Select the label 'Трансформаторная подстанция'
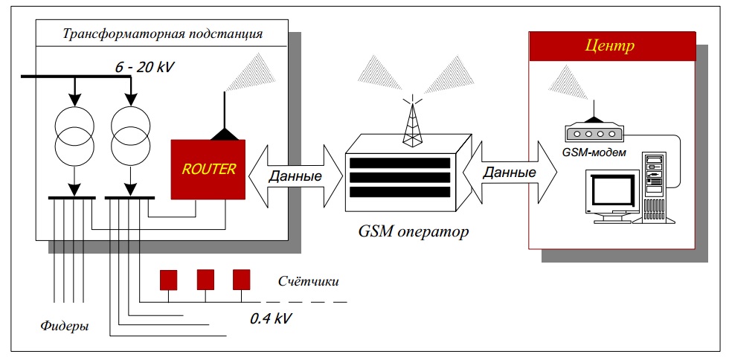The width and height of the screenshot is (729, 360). pyautogui.click(x=162, y=34)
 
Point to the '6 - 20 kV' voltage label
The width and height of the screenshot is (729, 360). pyautogui.click(x=144, y=68)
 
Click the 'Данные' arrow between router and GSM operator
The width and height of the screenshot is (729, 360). pyautogui.click(x=295, y=176)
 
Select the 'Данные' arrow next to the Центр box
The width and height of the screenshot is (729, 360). pyautogui.click(x=510, y=173)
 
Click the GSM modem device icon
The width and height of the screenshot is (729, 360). pyautogui.click(x=592, y=134)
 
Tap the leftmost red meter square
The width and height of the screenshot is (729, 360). pyautogui.click(x=169, y=280)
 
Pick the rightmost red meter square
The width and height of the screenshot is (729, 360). pyautogui.click(x=241, y=280)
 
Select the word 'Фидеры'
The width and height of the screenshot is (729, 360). pyautogui.click(x=65, y=326)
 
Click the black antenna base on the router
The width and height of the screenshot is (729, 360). pyautogui.click(x=225, y=134)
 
